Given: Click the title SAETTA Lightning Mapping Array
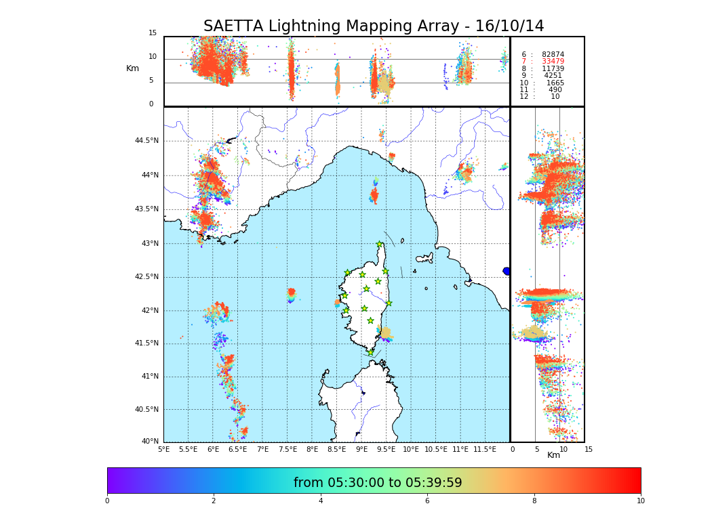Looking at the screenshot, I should click(374, 26).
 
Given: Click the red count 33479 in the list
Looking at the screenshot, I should click(553, 62).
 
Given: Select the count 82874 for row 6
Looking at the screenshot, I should click(553, 54).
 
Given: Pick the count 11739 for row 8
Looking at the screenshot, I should click(553, 68).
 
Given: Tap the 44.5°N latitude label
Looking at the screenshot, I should click(146, 141).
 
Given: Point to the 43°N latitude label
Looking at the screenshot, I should click(148, 244).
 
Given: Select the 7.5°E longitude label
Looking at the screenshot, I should click(288, 449).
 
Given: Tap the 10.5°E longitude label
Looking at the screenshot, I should click(436, 449).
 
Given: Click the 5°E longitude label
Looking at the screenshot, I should click(164, 449).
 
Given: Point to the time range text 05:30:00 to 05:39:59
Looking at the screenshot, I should click(378, 483).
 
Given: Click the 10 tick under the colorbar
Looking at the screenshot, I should click(640, 501).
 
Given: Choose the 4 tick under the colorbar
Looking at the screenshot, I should click(321, 501).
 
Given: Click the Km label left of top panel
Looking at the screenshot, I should click(132, 68).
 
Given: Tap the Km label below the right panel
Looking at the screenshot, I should click(553, 455).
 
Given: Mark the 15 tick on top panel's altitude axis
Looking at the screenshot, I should click(153, 33).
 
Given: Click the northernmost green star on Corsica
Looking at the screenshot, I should click(380, 245).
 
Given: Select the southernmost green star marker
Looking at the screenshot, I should click(371, 352).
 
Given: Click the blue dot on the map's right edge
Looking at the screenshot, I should click(507, 271).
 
